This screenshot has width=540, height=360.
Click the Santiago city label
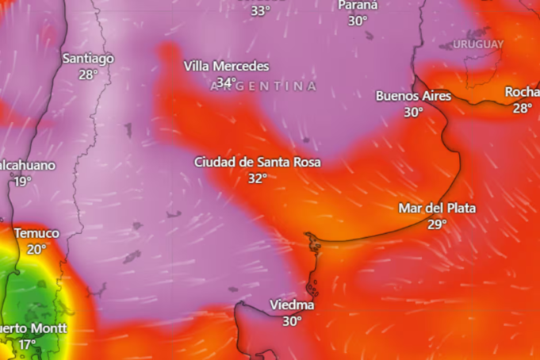(x=88, y=59)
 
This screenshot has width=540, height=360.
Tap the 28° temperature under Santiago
(x=88, y=75)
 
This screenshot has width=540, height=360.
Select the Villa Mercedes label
(x=226, y=67)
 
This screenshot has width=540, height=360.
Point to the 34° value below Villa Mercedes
(x=227, y=82)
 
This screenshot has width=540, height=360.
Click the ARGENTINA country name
(x=264, y=86)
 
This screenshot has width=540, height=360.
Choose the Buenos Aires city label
(x=413, y=96)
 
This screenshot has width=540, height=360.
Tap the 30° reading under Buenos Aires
(x=413, y=112)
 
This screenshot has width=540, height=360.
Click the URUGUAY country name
(x=477, y=44)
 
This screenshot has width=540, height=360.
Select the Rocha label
(x=522, y=92)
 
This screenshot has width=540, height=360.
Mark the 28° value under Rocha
(x=522, y=108)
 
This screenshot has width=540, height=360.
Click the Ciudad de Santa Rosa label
(x=258, y=162)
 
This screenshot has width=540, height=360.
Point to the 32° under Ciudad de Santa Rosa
(x=257, y=178)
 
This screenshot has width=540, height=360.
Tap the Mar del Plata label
(x=437, y=209)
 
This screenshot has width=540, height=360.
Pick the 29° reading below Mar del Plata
(x=437, y=224)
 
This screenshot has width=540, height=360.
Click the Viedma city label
(x=292, y=304)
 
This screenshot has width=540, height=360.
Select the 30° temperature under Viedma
(x=292, y=321)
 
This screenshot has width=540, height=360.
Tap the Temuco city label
(x=36, y=233)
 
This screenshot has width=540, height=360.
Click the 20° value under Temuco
(x=36, y=249)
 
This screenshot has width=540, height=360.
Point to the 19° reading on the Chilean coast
(x=22, y=182)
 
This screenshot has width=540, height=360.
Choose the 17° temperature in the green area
(x=28, y=344)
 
